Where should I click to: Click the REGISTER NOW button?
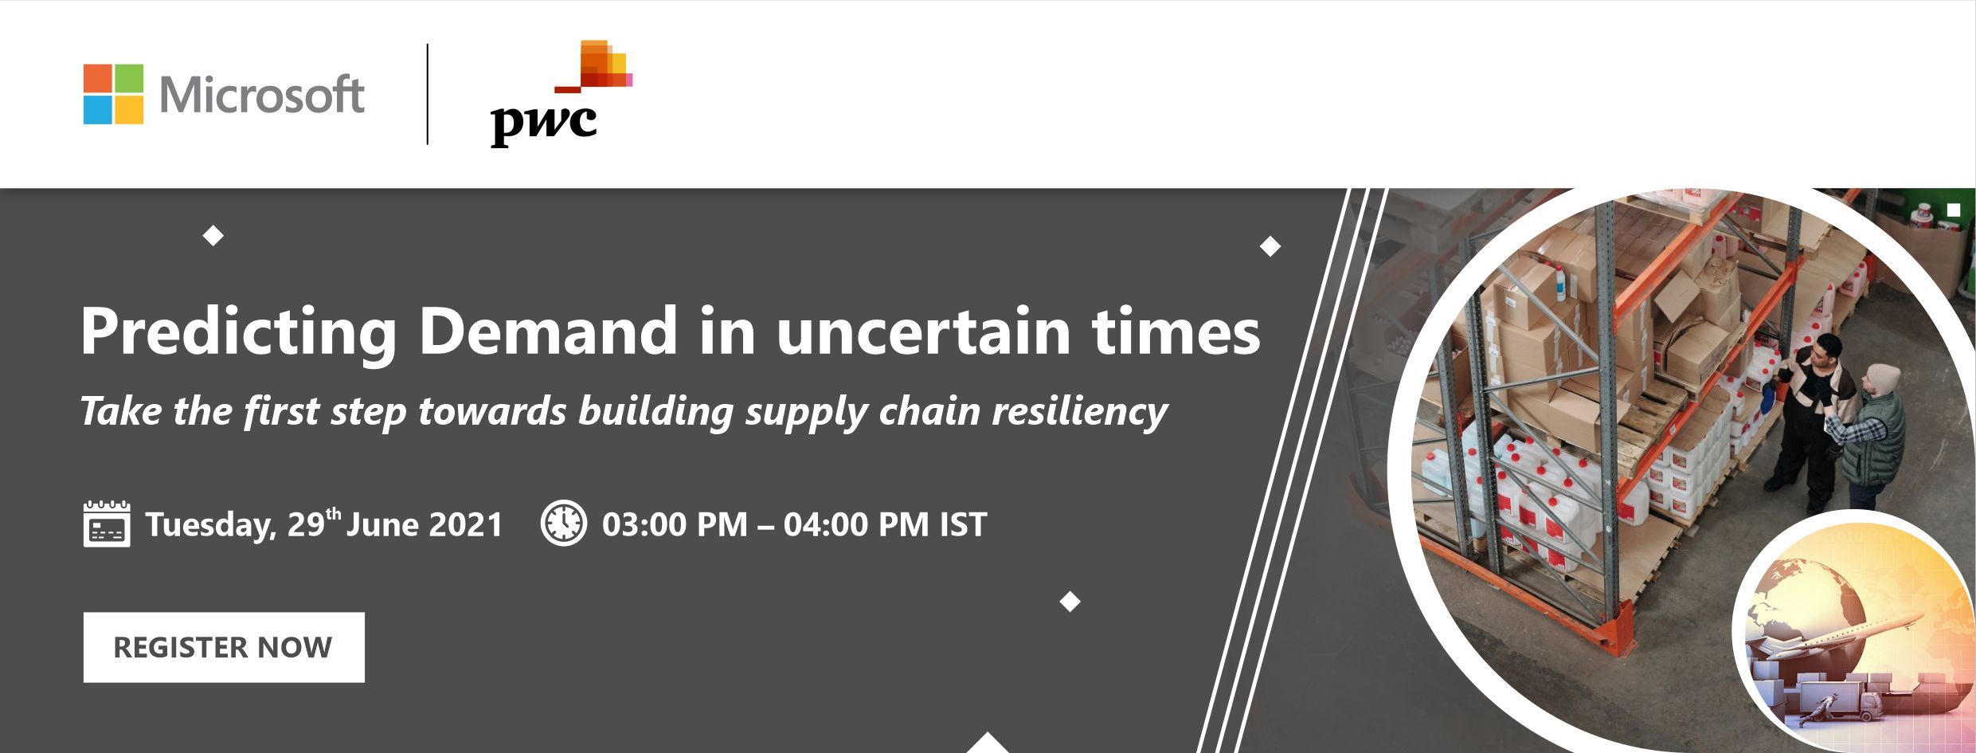pos(224,647)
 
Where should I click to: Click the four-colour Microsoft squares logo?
pos(113,94)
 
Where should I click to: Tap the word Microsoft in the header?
pos(262,95)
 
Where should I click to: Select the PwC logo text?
pos(543,124)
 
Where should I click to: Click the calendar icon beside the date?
pos(107,524)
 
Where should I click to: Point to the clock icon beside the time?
pos(564,524)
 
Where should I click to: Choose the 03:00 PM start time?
pos(675,524)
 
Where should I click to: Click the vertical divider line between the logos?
pos(428,94)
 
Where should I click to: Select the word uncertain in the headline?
pos(923,331)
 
